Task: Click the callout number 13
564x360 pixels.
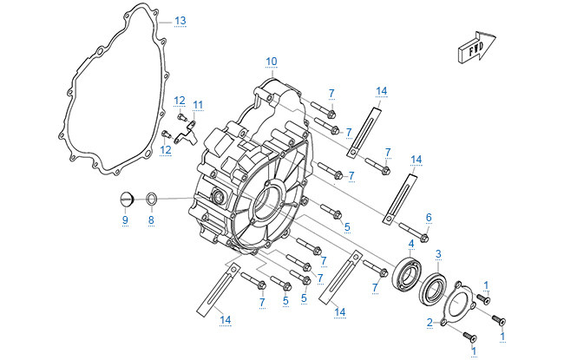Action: [180, 20]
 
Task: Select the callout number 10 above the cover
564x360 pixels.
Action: [272, 61]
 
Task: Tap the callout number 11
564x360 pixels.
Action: [198, 105]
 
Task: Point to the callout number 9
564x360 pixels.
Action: [124, 220]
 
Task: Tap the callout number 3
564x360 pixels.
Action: [439, 254]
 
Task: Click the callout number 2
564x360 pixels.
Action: [430, 323]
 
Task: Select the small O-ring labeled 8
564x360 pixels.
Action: [150, 201]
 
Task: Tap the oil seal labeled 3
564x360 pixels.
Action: [434, 289]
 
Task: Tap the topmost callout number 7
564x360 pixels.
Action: [331, 93]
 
